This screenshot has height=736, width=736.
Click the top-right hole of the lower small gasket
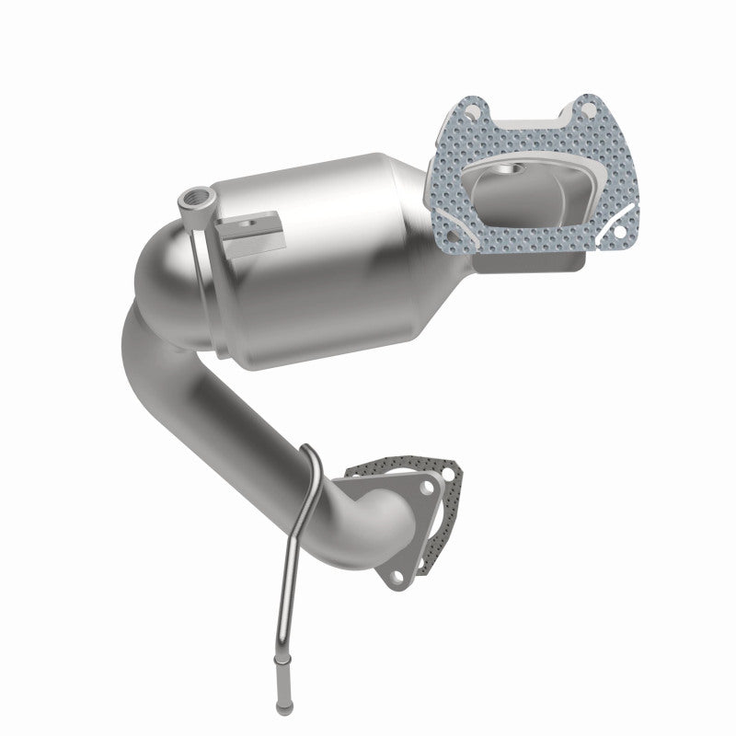(x=448, y=474)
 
